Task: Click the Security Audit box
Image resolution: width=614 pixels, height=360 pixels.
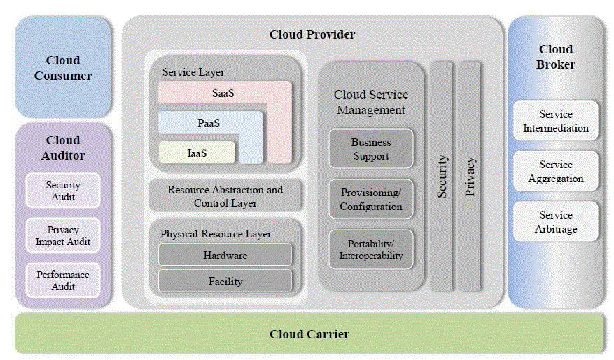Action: pyautogui.click(x=63, y=191)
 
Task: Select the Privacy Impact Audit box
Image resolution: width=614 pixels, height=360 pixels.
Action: pyautogui.click(x=63, y=235)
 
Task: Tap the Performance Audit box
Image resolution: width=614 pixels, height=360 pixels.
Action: pyautogui.click(x=63, y=280)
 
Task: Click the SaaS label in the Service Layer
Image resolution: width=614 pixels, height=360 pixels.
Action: pyautogui.click(x=223, y=92)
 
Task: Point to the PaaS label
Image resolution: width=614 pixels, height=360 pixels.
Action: pyautogui.click(x=209, y=123)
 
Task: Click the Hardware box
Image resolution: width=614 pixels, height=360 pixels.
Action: pyautogui.click(x=225, y=255)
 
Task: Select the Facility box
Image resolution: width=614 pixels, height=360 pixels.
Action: pyautogui.click(x=225, y=281)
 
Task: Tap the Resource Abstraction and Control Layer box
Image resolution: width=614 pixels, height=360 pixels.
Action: pyautogui.click(x=225, y=196)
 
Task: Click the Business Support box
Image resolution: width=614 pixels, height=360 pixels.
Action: pyautogui.click(x=371, y=148)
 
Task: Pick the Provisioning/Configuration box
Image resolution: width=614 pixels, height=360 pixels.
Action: pyautogui.click(x=371, y=199)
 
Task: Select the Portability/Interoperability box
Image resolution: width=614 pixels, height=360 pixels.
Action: pyautogui.click(x=371, y=249)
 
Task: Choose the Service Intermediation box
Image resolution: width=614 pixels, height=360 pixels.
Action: pyautogui.click(x=556, y=120)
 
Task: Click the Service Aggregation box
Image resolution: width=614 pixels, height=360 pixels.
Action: pyautogui.click(x=556, y=171)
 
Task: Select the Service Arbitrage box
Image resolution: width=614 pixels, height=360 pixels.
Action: pyautogui.click(x=556, y=221)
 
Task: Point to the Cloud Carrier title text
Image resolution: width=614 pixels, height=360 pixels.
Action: pyautogui.click(x=309, y=333)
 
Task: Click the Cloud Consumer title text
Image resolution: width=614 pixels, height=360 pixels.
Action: pyautogui.click(x=63, y=68)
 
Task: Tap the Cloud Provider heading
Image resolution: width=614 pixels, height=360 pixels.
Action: pyautogui.click(x=312, y=34)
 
